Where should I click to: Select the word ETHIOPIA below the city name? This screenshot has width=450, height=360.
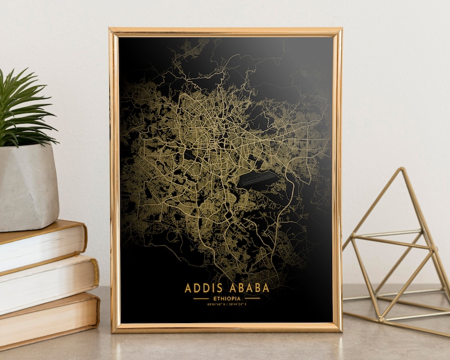click(x=227, y=298)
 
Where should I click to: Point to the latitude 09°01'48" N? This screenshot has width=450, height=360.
click(x=215, y=304)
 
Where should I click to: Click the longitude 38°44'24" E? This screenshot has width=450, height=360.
click(x=239, y=304)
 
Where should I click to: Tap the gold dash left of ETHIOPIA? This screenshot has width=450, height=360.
click(x=201, y=298)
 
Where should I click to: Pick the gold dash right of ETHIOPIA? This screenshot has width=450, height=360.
click(x=252, y=298)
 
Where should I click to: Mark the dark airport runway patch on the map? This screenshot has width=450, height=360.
click(x=259, y=181)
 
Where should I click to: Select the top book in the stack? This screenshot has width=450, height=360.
click(x=40, y=244)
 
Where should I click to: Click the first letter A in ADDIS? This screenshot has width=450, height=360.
click(x=189, y=287)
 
